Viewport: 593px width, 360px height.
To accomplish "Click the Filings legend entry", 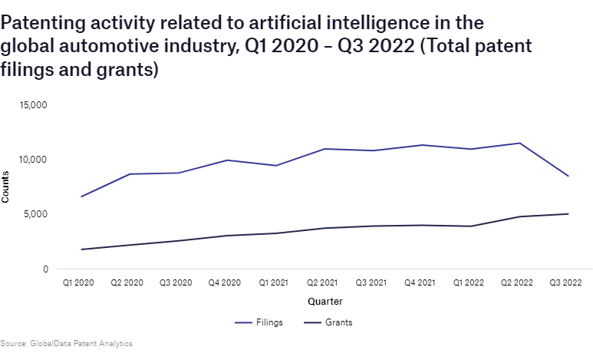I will (x=259, y=322).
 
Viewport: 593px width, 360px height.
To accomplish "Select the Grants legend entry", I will (x=329, y=322).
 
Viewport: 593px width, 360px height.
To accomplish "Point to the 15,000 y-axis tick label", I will (x=35, y=104).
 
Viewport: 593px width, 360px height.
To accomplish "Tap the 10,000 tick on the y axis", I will (x=35, y=160).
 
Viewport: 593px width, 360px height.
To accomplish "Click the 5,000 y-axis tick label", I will (x=37, y=214).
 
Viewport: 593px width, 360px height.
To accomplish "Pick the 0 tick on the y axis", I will (x=45, y=269).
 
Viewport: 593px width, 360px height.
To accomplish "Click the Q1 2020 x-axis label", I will (x=78, y=283).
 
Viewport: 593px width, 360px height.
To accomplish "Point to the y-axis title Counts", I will (x=6, y=187).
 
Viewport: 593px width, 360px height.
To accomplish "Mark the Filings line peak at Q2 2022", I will (x=520, y=144).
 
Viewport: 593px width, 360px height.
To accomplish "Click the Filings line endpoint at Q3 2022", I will (x=568, y=177).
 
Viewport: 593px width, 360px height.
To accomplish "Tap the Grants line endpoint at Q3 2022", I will (x=568, y=214).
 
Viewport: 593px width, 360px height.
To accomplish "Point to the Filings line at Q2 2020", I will (x=128, y=174).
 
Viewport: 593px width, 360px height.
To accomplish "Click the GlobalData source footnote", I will (x=61, y=343).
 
